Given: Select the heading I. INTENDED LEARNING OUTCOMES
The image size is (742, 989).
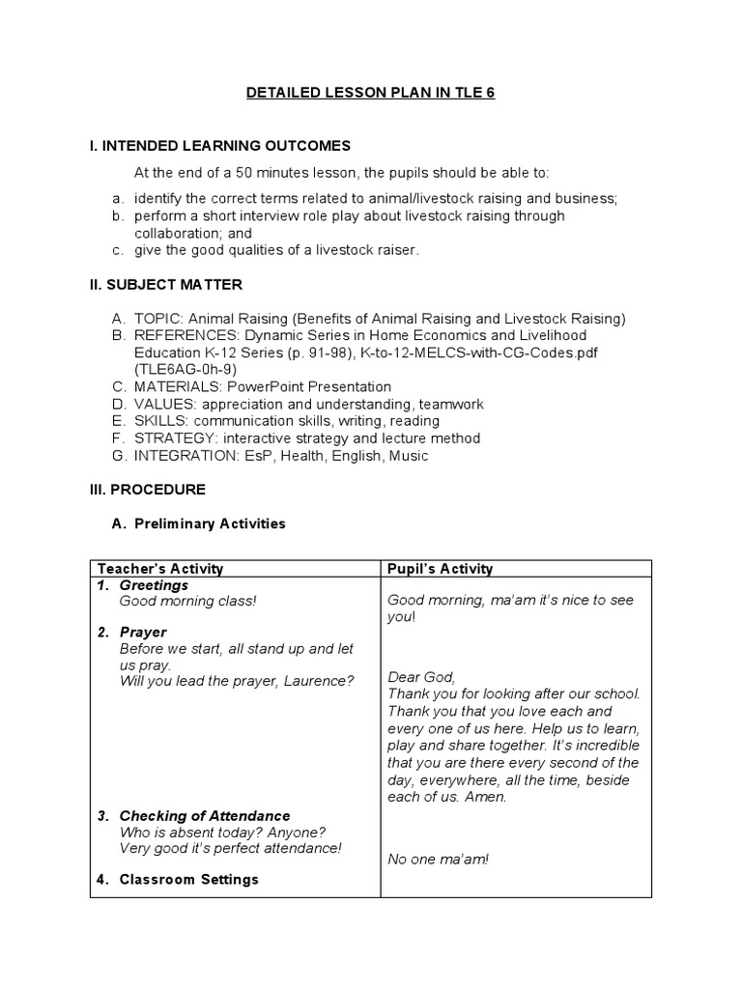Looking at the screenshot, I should [219, 146].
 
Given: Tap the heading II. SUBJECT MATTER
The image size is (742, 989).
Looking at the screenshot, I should [165, 285].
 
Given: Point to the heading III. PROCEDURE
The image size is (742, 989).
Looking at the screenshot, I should [147, 490].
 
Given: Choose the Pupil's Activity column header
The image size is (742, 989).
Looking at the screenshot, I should [440, 569].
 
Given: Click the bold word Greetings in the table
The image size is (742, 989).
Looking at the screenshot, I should [154, 585].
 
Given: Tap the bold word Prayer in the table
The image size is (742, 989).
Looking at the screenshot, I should [144, 632].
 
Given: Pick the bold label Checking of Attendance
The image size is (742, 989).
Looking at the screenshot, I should [204, 816].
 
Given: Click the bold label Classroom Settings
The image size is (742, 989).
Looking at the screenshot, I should [188, 879].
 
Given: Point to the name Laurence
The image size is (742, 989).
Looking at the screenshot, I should [319, 680].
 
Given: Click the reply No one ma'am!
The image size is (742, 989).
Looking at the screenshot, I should [438, 859].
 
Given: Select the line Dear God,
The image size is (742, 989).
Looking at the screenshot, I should [420, 677].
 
